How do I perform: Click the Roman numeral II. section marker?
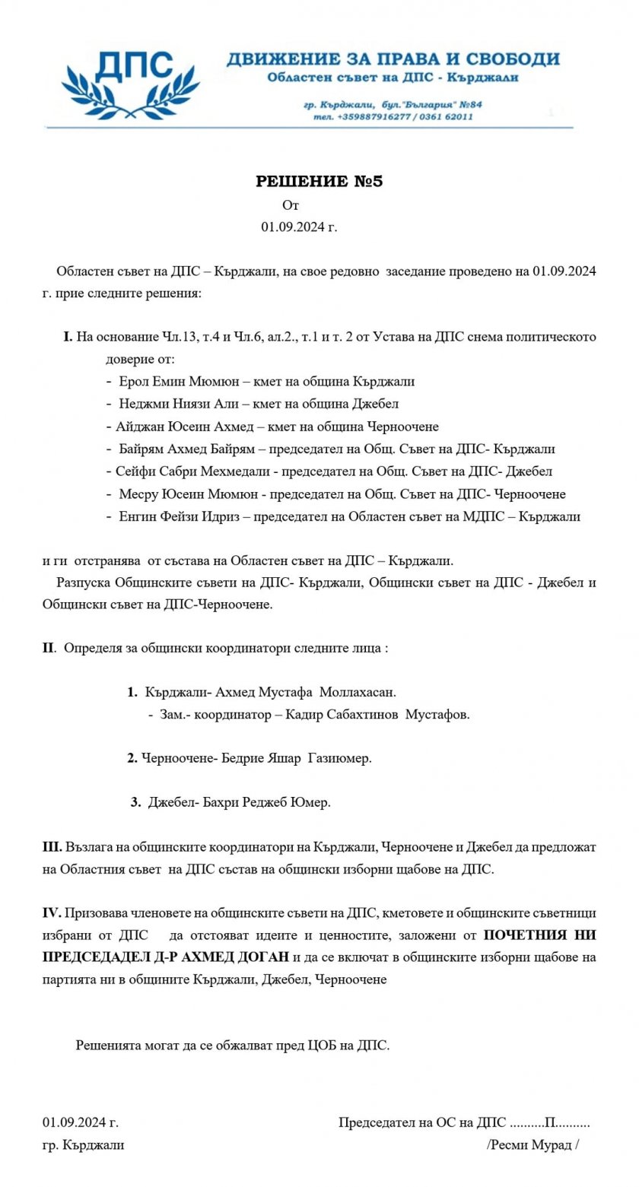click(x=49, y=649)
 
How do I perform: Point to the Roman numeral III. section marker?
click(x=52, y=846)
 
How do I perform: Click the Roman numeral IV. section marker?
click(x=52, y=912)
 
